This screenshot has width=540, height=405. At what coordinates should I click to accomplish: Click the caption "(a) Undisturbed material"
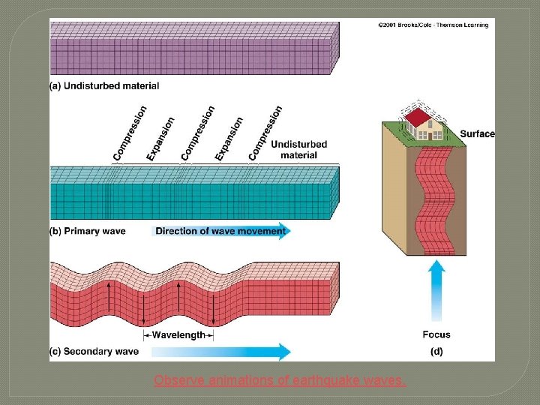[x=104, y=86]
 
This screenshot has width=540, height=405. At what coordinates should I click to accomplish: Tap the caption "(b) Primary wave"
[x=88, y=232]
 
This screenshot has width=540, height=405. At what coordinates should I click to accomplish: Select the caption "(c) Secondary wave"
[x=94, y=351]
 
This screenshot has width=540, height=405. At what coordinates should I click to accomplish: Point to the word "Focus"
[x=436, y=334]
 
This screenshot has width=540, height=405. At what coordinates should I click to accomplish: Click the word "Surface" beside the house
[x=477, y=134]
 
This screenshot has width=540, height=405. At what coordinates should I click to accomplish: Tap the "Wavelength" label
[x=178, y=335]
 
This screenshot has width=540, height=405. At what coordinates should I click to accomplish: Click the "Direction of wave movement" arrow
[x=221, y=231]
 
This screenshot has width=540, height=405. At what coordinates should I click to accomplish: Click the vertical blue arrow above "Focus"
[x=436, y=294]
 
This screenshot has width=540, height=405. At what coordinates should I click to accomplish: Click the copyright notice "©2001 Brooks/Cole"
[x=433, y=25]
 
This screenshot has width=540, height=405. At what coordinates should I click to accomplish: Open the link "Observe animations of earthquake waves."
[x=280, y=381]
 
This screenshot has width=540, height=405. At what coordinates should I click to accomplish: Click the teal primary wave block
[x=193, y=194]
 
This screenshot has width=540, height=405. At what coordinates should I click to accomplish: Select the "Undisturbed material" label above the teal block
[x=298, y=150]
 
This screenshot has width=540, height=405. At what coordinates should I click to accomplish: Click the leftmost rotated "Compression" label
[x=130, y=133]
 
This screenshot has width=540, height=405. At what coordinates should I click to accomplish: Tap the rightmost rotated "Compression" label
[x=265, y=132]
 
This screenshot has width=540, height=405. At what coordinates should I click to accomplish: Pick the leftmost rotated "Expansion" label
[x=161, y=138]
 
